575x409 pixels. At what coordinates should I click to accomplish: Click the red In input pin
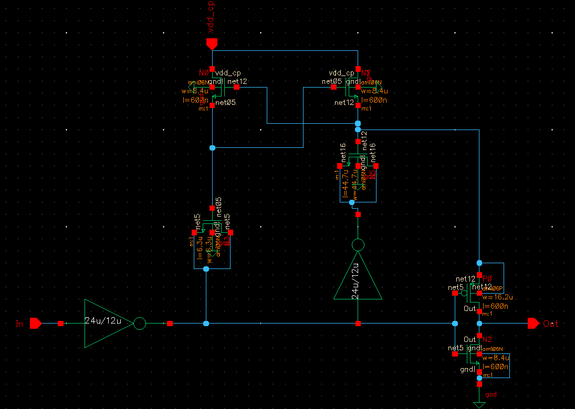(x=36, y=324)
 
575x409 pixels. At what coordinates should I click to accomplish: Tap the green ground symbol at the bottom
(x=479, y=405)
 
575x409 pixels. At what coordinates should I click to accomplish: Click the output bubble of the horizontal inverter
(x=140, y=324)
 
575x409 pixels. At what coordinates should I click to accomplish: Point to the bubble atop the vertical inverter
(x=358, y=245)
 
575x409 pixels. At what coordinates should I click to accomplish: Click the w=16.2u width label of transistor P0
(x=495, y=297)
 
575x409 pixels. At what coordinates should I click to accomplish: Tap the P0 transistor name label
(x=487, y=278)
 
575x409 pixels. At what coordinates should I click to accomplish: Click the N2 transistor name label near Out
(x=487, y=340)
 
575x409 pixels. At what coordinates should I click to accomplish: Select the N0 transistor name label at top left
(x=204, y=73)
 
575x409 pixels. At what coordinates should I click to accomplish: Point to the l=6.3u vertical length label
(x=199, y=247)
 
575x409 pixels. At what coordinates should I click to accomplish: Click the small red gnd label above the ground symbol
(x=492, y=394)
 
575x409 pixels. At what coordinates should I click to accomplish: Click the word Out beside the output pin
(x=551, y=324)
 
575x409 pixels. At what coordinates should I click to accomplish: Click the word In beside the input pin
(x=20, y=324)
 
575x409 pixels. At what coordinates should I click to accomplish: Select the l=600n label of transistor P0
(x=496, y=306)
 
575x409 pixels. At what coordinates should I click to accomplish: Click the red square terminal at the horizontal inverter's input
(x=61, y=324)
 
